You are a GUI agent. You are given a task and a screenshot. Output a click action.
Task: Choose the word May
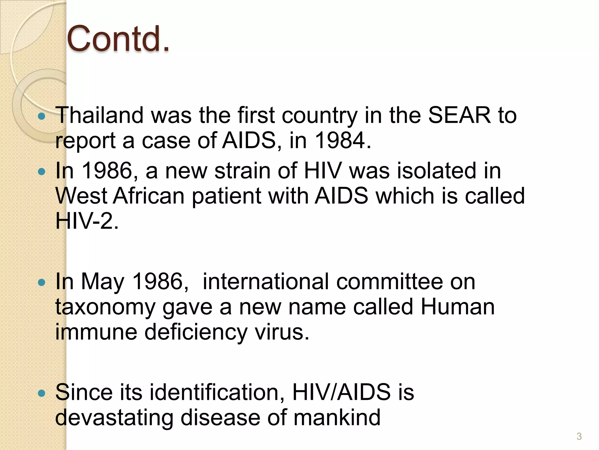point(103,282)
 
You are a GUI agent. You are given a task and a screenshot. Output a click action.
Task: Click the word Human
point(457,307)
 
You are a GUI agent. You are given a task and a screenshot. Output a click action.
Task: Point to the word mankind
point(337,417)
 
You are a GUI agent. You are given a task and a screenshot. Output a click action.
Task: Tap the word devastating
point(114,417)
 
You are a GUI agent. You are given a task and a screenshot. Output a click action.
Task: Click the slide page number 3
point(579,437)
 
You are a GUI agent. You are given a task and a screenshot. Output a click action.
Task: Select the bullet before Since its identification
point(42,393)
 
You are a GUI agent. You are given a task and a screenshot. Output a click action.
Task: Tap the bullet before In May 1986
point(42,283)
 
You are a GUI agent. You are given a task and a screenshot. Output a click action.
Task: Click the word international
point(266,282)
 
